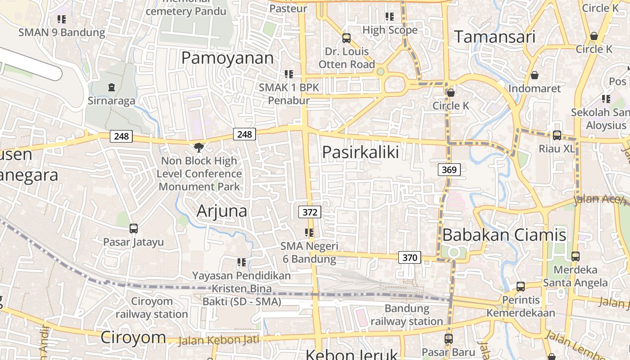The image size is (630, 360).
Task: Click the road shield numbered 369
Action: click(x=449, y=170)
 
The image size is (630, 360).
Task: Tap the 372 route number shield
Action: click(x=310, y=212)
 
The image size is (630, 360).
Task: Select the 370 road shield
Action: click(x=409, y=258)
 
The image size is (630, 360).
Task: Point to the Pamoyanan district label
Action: click(x=227, y=58)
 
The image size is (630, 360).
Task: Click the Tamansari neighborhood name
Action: click(x=495, y=37)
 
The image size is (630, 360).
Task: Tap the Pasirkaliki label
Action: click(x=360, y=152)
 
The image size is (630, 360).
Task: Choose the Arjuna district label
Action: click(x=222, y=211)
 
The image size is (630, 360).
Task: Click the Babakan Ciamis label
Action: click(x=504, y=235)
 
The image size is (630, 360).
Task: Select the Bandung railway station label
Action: click(x=407, y=315)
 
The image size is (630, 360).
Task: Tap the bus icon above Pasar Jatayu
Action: click(x=134, y=229)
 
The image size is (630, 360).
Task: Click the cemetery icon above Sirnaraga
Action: click(x=112, y=87)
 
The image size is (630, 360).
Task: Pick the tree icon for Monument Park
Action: click(x=198, y=147)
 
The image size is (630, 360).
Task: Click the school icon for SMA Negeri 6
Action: click(x=309, y=233)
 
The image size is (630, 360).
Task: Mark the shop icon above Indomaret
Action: click(x=535, y=75)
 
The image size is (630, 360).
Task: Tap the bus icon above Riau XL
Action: click(x=557, y=135)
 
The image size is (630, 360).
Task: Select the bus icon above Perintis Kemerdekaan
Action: click(x=521, y=286)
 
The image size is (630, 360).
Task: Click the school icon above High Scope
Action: click(x=390, y=17)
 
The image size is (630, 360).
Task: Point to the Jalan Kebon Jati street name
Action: click(x=219, y=340)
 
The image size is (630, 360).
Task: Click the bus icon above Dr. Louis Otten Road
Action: click(x=346, y=38)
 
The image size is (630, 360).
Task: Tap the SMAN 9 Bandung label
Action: click(x=62, y=32)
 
